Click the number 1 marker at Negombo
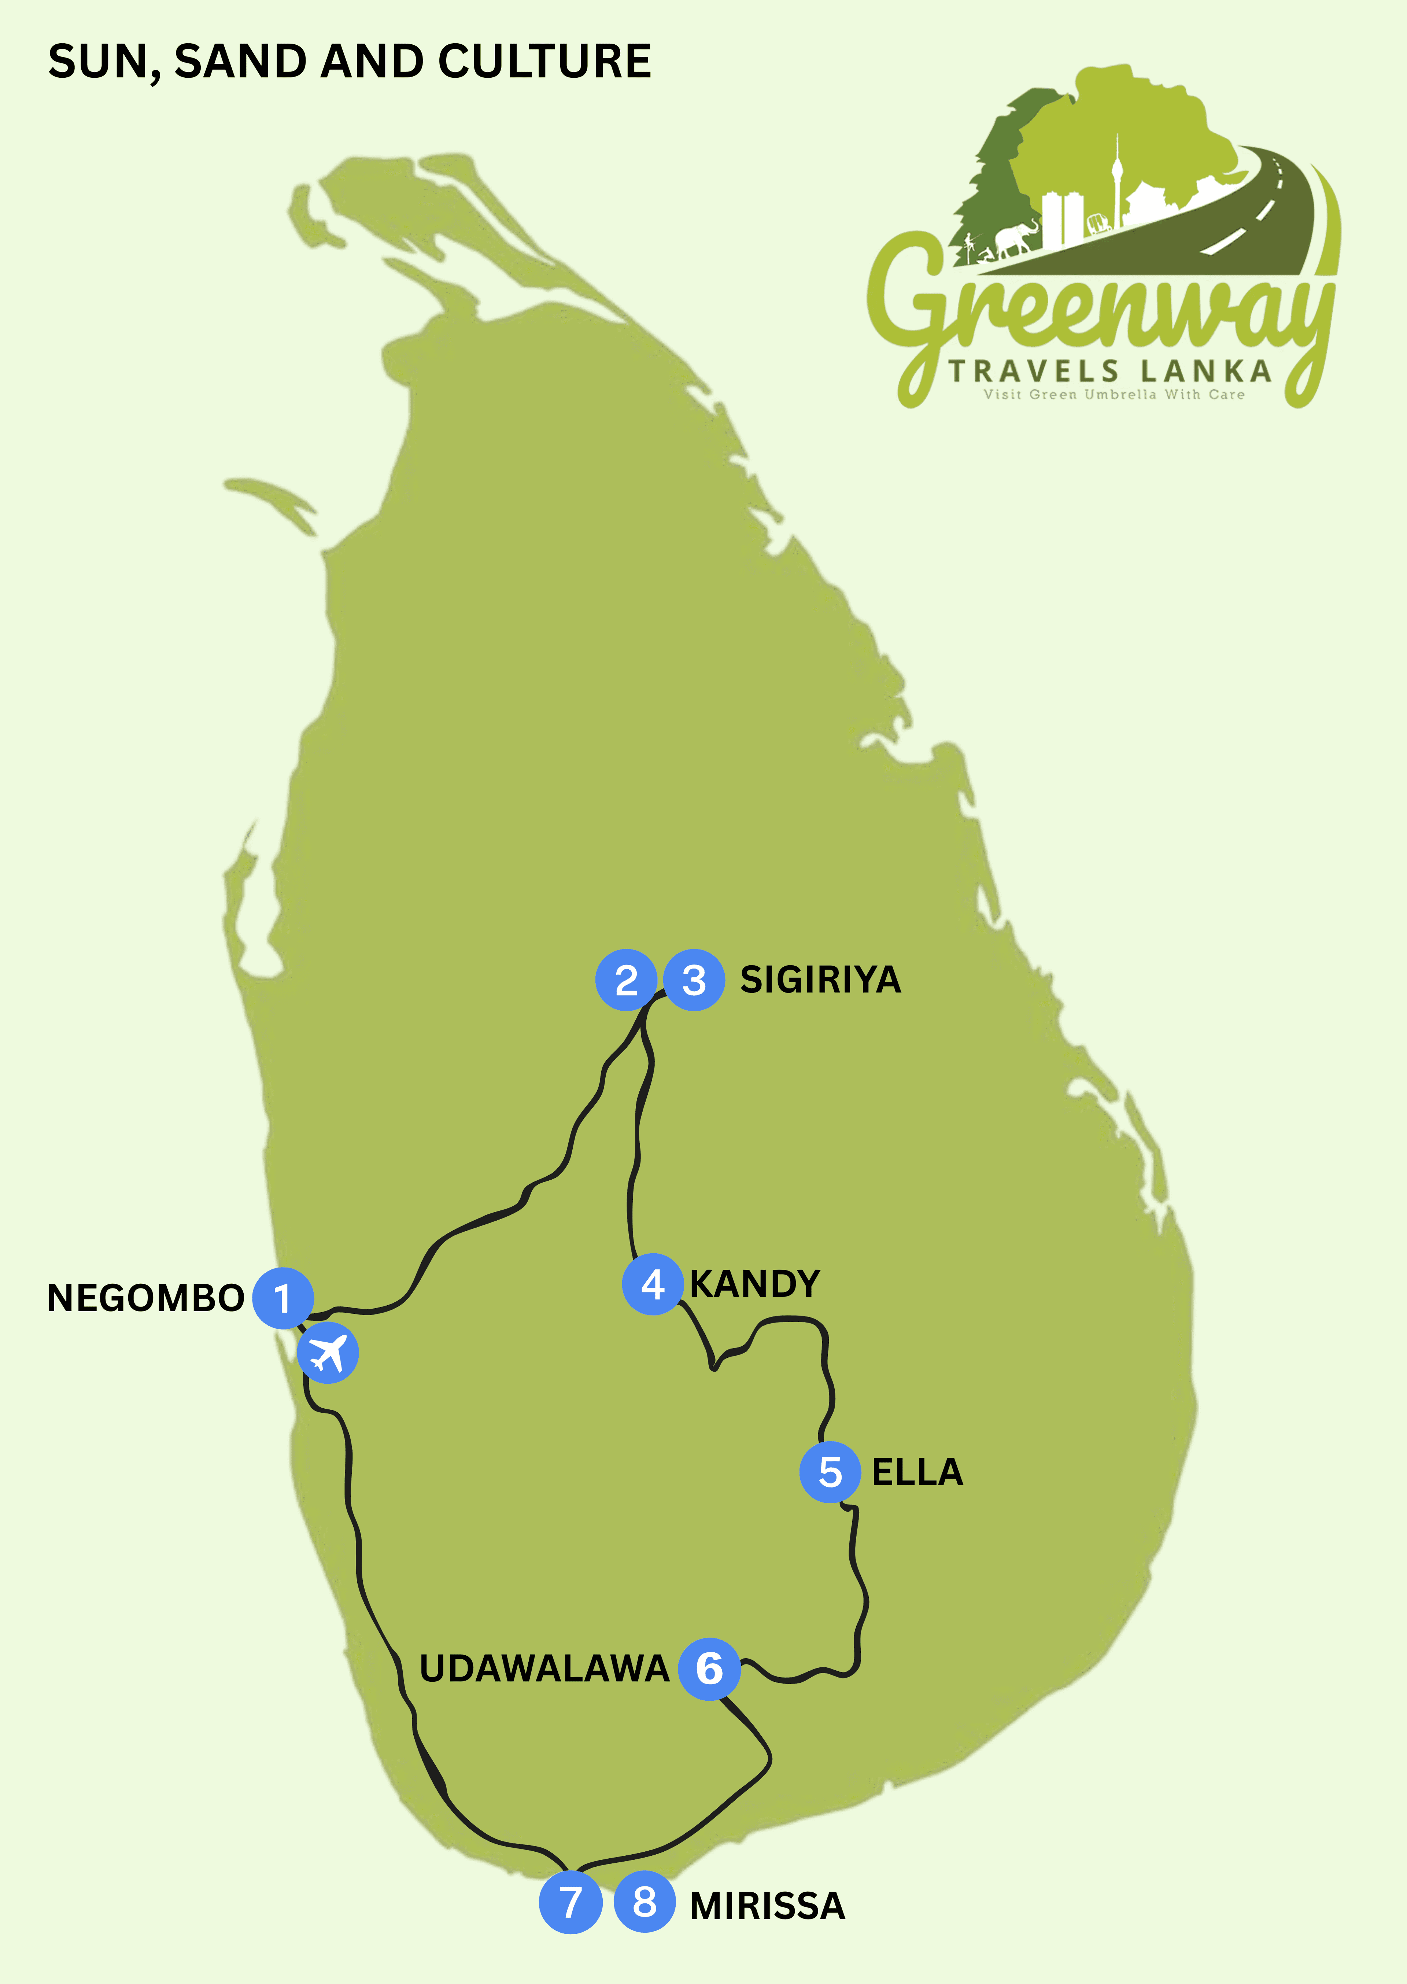[x=282, y=1298]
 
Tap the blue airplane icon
[x=328, y=1353]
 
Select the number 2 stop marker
[x=625, y=980]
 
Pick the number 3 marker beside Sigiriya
[x=694, y=980]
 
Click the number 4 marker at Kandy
[x=652, y=1284]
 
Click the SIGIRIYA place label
[x=820, y=980]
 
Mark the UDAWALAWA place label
[x=544, y=1668]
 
